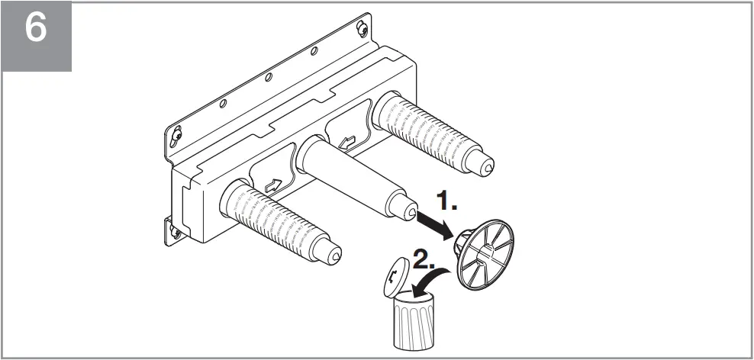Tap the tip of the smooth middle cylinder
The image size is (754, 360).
coord(411,208)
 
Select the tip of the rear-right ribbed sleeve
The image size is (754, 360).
coord(485,163)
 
